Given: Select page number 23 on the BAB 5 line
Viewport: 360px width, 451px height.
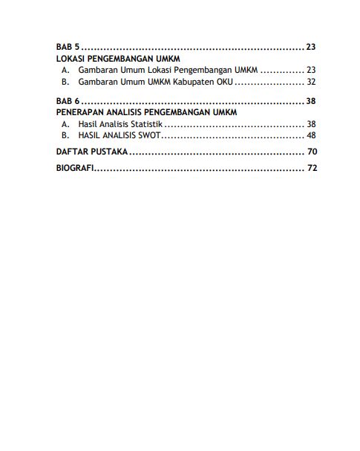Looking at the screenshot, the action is tap(311, 47).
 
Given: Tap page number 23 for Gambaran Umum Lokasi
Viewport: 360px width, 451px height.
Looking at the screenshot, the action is tap(311, 70).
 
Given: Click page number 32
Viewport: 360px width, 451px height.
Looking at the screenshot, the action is tap(311, 82).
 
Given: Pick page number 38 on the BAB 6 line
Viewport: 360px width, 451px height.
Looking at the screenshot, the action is tap(311, 100).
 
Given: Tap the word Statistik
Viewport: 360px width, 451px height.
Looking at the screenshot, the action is tap(146, 123).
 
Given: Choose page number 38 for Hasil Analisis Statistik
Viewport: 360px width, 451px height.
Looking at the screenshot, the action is tap(311, 123).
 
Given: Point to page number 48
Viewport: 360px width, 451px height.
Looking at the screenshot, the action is tap(311, 135).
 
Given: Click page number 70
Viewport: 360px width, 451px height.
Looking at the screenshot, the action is tap(311, 152).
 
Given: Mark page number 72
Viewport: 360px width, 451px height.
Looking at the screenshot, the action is tap(311, 169).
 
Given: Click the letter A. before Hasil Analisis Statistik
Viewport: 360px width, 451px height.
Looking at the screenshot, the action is tap(65, 123).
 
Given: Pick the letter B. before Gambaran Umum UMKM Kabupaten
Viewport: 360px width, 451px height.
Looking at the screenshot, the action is tap(65, 82).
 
